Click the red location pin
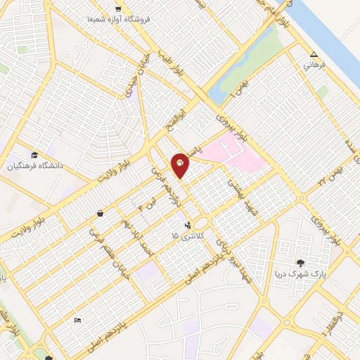click(181, 165)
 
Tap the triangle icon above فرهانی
click(314, 55)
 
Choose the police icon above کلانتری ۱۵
click(187, 226)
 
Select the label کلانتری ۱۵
click(185, 237)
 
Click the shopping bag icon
click(101, 213)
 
